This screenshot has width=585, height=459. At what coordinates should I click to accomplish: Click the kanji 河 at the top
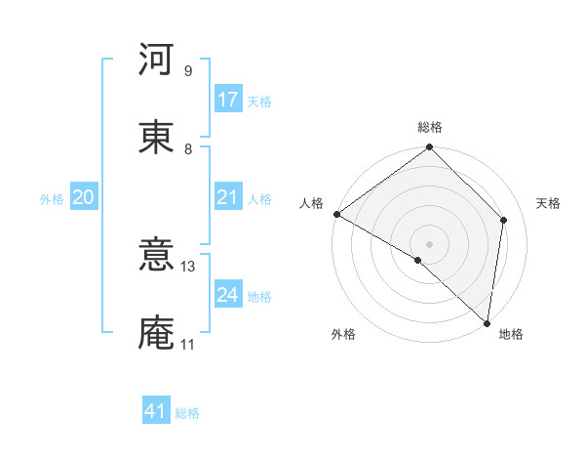156,61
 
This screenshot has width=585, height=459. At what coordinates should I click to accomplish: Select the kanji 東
156,138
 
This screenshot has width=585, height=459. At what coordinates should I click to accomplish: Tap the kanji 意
156,256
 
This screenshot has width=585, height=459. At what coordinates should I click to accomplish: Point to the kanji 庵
156,333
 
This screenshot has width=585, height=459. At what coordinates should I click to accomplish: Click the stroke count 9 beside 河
187,70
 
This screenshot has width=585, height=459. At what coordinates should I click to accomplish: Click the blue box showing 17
228,100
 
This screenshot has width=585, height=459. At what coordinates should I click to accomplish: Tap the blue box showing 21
228,198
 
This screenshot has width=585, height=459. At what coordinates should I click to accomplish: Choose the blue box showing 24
228,296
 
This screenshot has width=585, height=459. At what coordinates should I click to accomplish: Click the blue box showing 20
83,198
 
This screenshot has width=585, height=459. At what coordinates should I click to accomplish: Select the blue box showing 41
156,412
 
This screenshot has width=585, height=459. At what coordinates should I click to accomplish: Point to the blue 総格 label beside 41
187,413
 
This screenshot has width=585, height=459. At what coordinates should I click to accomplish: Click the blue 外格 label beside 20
52,199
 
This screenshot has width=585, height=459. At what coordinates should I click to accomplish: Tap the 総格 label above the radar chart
430,127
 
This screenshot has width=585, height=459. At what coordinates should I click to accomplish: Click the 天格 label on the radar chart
548,203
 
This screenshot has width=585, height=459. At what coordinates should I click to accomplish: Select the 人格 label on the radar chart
311,203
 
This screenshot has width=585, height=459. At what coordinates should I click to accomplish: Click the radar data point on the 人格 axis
336,214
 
